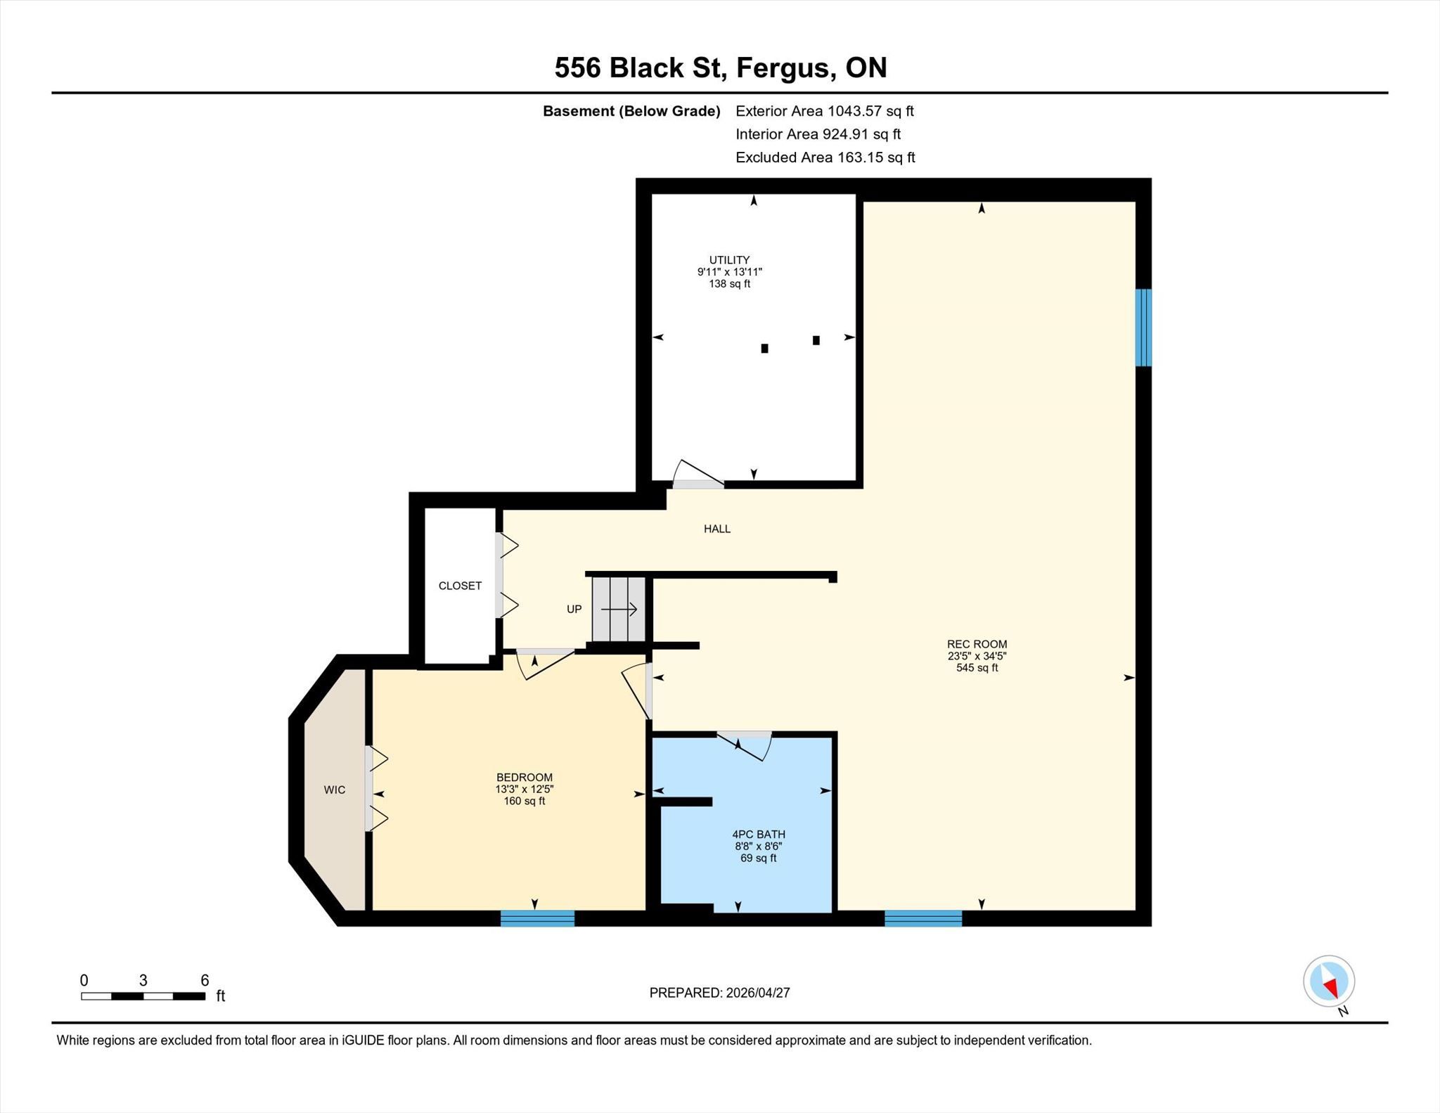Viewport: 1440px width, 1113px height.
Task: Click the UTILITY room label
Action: click(729, 260)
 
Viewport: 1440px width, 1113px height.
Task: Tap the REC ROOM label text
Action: click(977, 644)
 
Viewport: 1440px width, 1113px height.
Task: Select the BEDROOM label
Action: click(525, 777)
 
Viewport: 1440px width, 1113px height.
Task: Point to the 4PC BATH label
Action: click(759, 835)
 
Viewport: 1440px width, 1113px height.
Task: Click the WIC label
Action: click(335, 790)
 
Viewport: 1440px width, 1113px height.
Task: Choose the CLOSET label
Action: click(460, 586)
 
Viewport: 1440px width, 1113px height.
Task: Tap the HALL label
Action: click(717, 529)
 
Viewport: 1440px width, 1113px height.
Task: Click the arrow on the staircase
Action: click(619, 609)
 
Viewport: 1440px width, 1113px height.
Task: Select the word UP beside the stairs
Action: click(574, 609)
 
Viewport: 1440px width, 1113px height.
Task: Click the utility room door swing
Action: click(698, 473)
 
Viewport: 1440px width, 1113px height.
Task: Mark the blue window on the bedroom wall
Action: click(537, 918)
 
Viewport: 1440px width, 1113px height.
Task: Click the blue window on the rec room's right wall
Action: click(1143, 328)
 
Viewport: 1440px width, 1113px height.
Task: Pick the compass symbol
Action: click(1329, 982)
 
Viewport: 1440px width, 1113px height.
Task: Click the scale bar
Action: click(143, 996)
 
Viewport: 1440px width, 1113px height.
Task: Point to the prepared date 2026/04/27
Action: click(758, 993)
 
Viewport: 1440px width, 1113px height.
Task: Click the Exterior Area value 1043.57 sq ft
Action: click(870, 111)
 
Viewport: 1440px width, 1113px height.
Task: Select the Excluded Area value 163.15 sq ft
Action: click(875, 157)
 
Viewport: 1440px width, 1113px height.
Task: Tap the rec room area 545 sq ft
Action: click(977, 668)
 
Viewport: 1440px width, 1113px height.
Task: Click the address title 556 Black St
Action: click(640, 67)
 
